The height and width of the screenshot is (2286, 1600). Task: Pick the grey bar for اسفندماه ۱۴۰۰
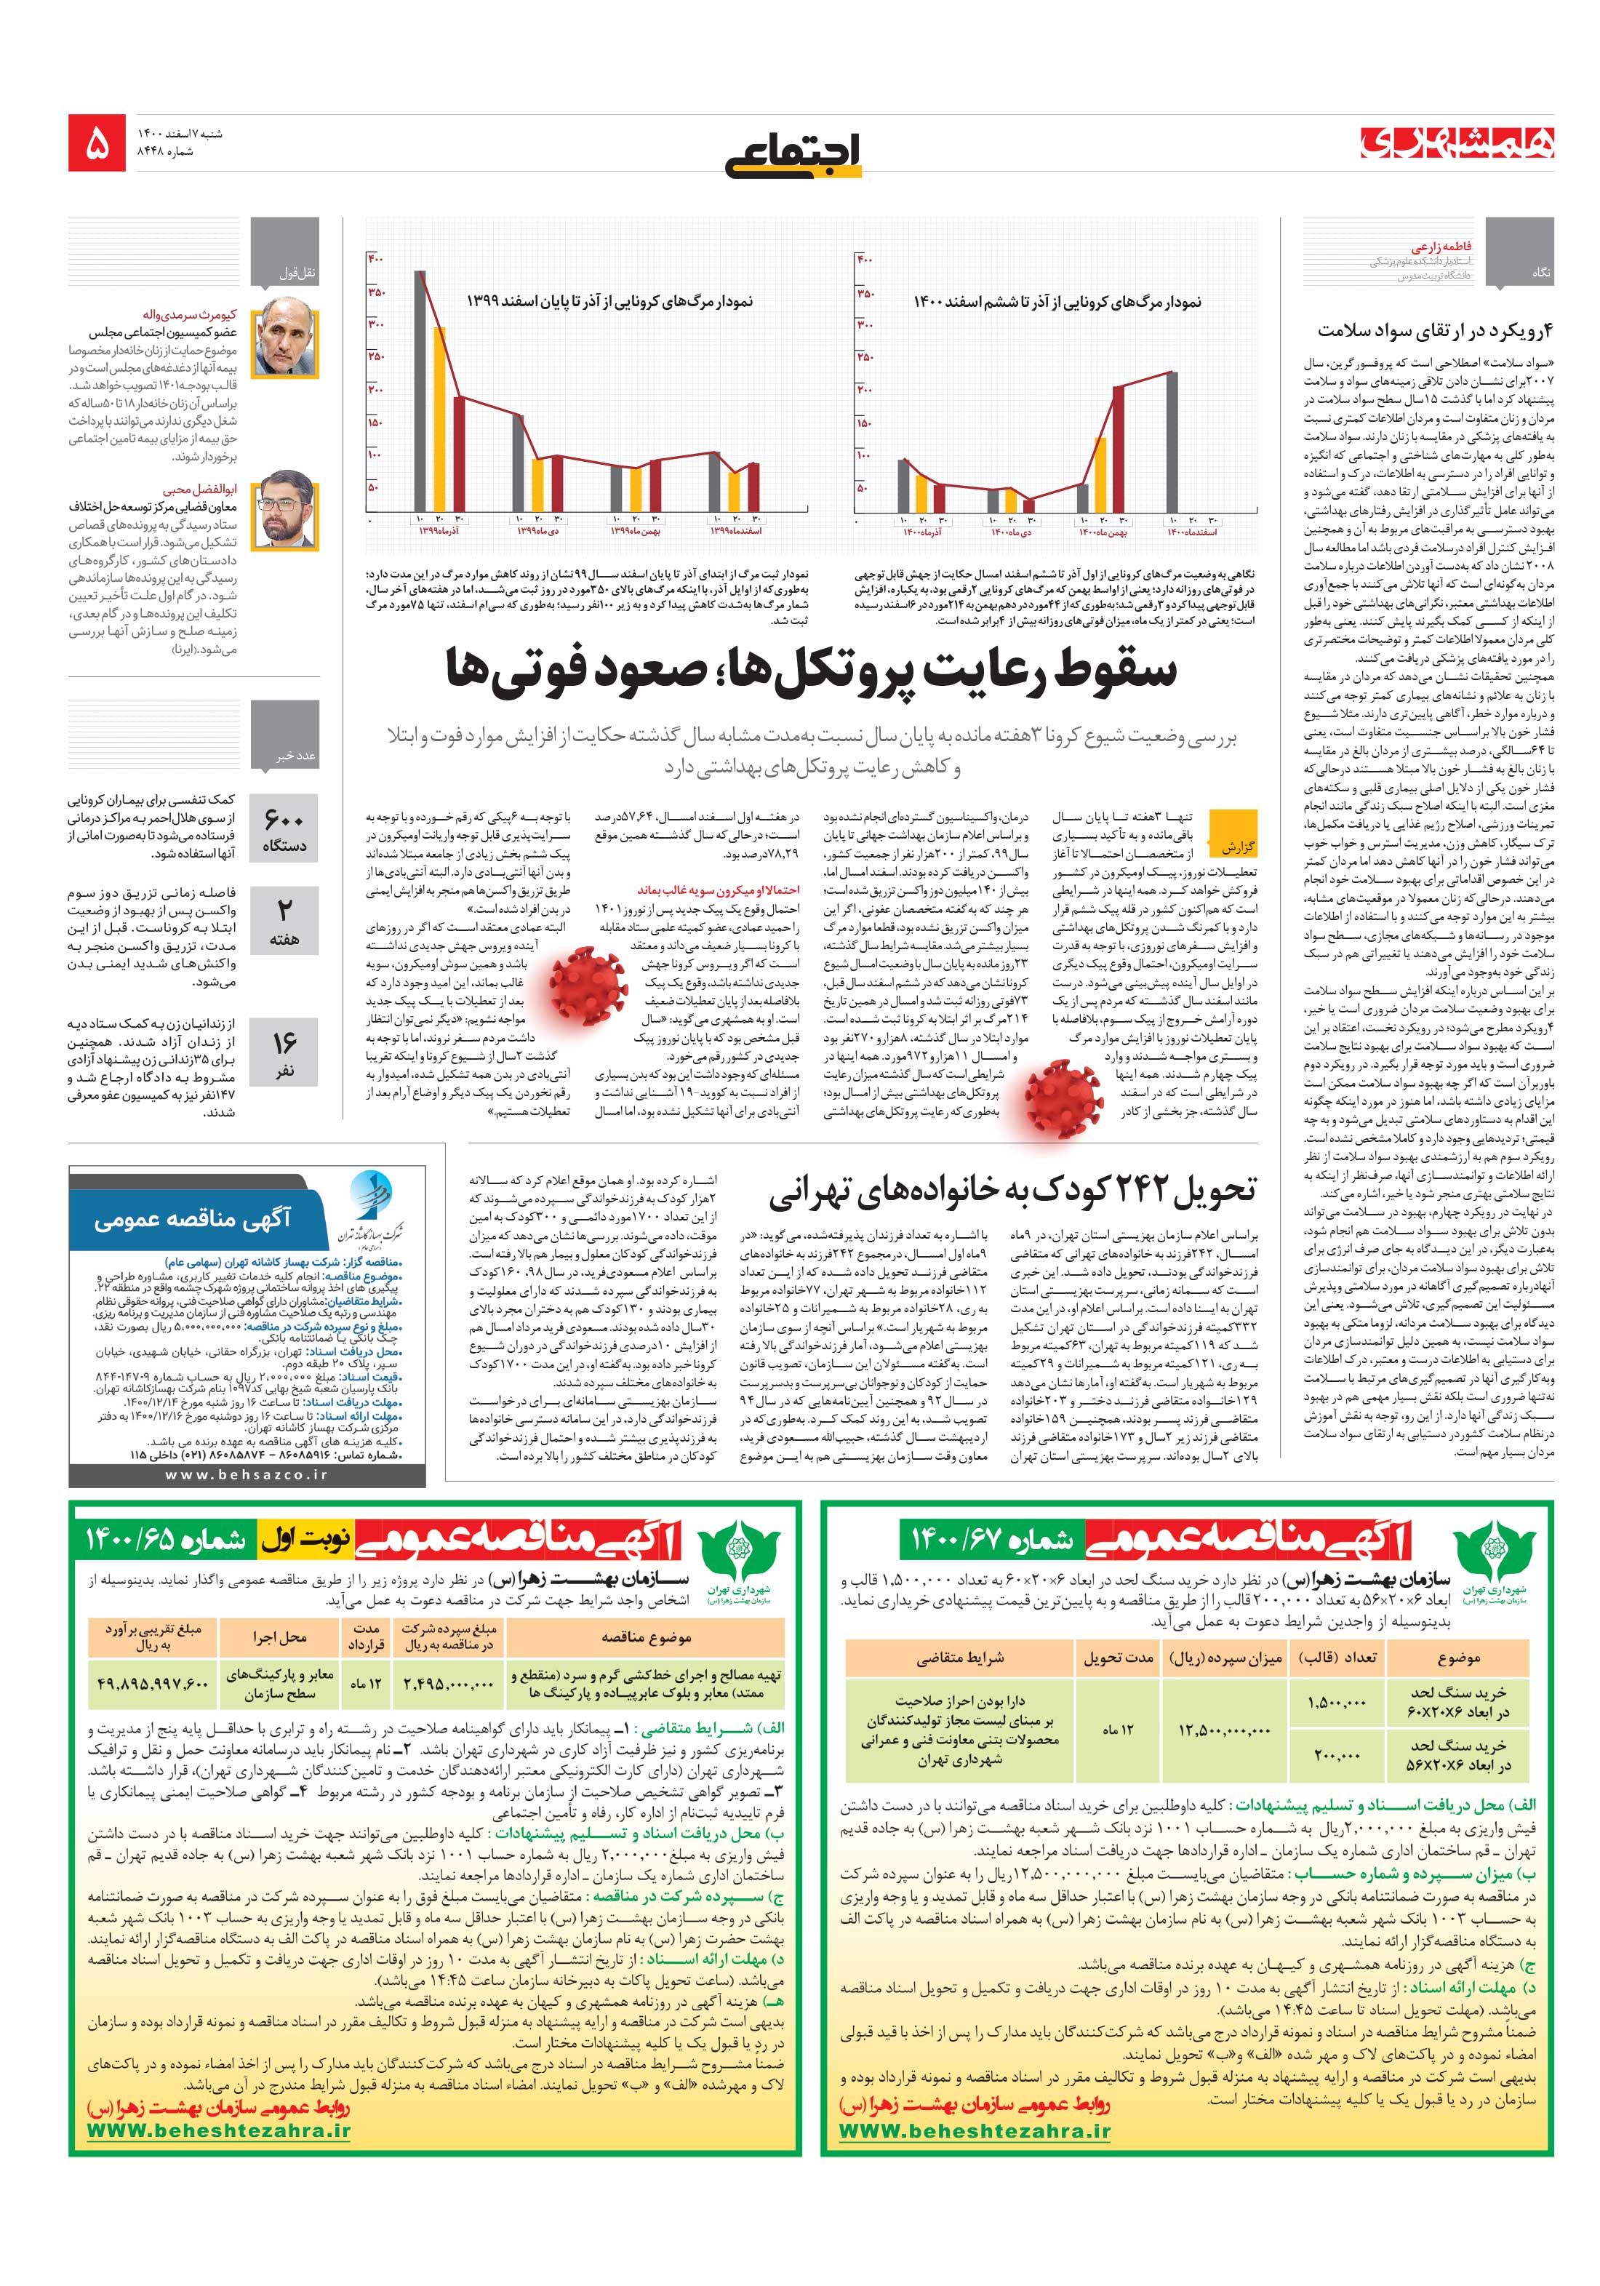coord(1172,443)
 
